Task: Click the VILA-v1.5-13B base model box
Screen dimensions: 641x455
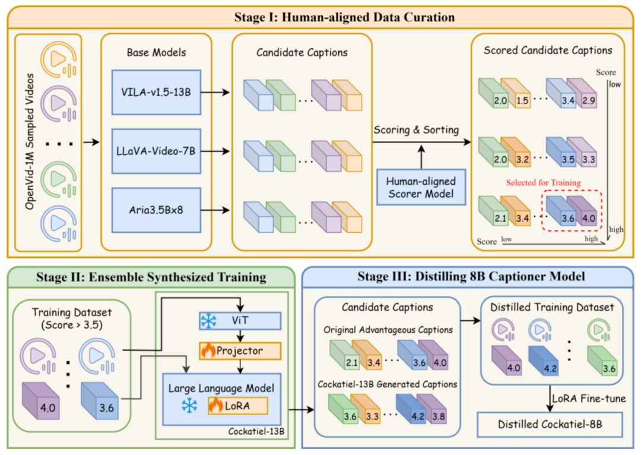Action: (x=156, y=92)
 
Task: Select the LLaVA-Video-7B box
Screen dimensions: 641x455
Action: (x=156, y=151)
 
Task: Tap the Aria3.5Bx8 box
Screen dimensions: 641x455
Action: (x=156, y=210)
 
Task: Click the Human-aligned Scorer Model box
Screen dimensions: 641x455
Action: (x=421, y=187)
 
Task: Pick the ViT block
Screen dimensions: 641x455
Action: (x=240, y=321)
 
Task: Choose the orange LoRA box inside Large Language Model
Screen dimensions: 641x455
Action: (x=238, y=406)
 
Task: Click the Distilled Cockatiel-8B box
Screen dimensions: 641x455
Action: (x=550, y=424)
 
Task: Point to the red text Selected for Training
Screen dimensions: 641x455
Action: (x=543, y=182)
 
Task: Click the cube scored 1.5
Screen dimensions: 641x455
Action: (x=516, y=93)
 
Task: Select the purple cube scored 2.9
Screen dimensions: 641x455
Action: (x=582, y=93)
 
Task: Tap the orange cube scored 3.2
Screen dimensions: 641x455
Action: (x=516, y=152)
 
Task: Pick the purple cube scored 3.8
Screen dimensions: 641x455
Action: (x=431, y=409)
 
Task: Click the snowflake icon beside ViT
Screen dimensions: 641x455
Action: (x=208, y=321)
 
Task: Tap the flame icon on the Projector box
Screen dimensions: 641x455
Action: (x=208, y=350)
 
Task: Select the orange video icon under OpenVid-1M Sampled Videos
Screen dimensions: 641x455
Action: (x=58, y=60)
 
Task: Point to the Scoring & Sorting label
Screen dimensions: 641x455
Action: (x=416, y=129)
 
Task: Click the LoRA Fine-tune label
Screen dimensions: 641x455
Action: (x=589, y=398)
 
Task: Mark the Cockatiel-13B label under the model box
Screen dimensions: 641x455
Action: (x=256, y=431)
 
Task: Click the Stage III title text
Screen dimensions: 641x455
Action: (x=471, y=277)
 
